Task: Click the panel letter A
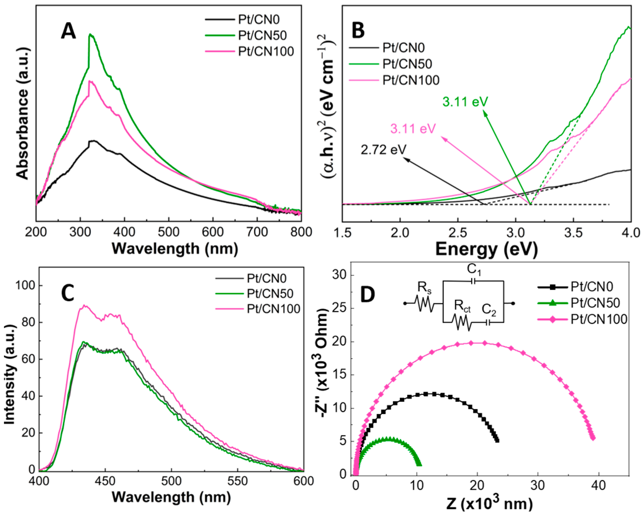[x=68, y=32]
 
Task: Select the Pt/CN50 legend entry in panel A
[x=262, y=35]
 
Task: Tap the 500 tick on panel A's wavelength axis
[x=168, y=232]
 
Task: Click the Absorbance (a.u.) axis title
[x=22, y=114]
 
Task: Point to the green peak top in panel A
[x=90, y=35]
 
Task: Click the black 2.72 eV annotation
[x=383, y=150]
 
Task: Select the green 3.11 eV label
[x=465, y=102]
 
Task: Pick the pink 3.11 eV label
[x=413, y=129]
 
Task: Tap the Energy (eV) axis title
[x=486, y=249]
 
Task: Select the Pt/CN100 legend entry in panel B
[x=410, y=80]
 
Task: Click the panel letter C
[x=68, y=293]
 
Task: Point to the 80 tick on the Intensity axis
[x=28, y=322]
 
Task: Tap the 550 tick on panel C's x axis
[x=237, y=481]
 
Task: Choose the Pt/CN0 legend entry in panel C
[x=266, y=278]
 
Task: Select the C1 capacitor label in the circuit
[x=474, y=269]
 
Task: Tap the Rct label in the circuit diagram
[x=462, y=306]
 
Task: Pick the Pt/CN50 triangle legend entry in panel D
[x=595, y=303]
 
